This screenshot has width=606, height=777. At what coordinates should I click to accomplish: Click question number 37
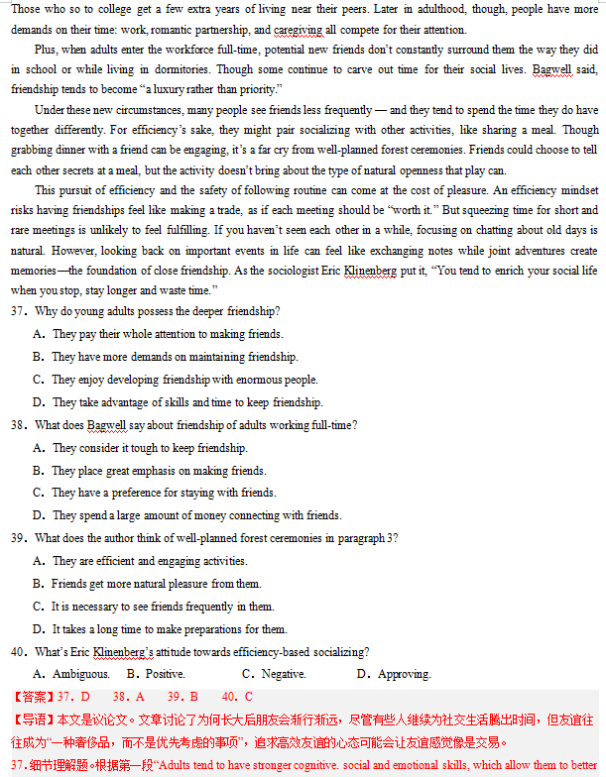(x=19, y=311)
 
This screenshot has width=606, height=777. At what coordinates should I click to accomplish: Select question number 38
(x=19, y=425)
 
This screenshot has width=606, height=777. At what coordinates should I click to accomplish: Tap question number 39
(x=19, y=538)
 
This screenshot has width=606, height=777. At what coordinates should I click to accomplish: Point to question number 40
(x=19, y=651)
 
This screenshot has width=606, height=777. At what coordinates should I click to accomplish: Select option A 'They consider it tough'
(x=149, y=448)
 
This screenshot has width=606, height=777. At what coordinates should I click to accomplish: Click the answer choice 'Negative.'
(x=283, y=674)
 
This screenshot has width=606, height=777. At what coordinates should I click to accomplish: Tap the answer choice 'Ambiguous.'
(x=79, y=674)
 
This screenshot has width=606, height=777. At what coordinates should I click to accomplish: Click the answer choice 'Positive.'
(x=164, y=674)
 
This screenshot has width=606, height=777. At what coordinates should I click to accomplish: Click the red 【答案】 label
(x=33, y=697)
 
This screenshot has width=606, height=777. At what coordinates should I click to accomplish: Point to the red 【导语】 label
(x=33, y=720)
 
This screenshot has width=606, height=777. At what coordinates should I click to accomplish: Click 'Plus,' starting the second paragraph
(x=47, y=49)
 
